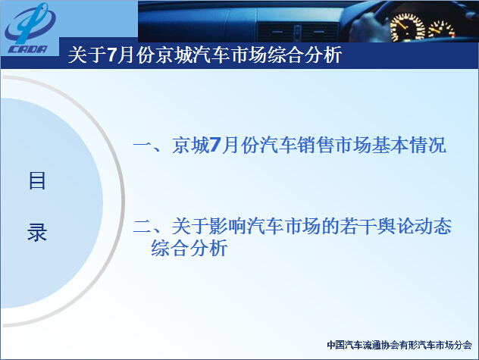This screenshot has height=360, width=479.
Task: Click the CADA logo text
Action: pyautogui.click(x=27, y=49)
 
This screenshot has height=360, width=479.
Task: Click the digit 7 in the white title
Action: pyautogui.click(x=112, y=55)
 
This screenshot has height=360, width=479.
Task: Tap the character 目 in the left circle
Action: pyautogui.click(x=37, y=180)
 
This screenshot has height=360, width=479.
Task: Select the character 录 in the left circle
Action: pyautogui.click(x=37, y=232)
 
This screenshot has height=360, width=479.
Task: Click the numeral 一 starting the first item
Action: pyautogui.click(x=142, y=146)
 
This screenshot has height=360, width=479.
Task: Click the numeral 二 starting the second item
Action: pyautogui.click(x=142, y=227)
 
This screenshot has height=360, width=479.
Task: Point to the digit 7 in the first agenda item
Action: pyautogui.click(x=215, y=145)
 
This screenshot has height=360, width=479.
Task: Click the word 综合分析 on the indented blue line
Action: pyautogui.click(x=189, y=248)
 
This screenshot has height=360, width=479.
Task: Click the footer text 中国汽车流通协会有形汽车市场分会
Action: pyautogui.click(x=399, y=345)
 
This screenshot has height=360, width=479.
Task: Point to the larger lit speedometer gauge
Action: pyautogui.click(x=407, y=27)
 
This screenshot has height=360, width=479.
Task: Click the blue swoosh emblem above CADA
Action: pyautogui.click(x=30, y=23)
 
